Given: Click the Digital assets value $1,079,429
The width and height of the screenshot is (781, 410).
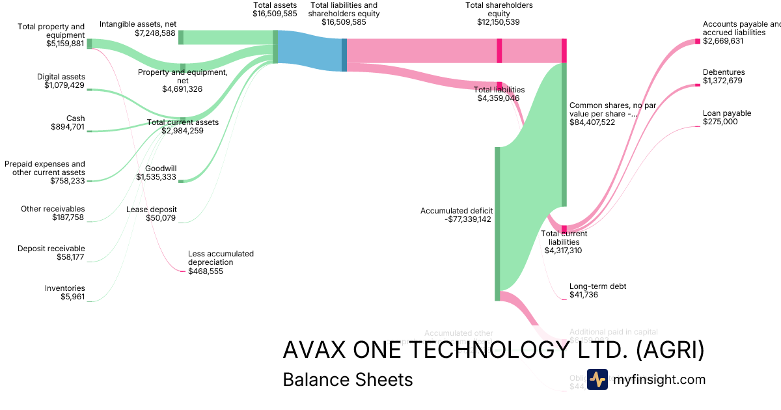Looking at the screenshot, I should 64,85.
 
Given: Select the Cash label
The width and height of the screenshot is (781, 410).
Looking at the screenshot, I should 75,118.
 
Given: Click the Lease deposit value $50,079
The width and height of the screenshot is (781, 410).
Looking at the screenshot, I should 161,218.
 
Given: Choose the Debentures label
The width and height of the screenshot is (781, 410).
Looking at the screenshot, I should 724,72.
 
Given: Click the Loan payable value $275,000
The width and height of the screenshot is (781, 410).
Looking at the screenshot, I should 720,122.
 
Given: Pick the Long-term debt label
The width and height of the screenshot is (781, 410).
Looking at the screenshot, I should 597,286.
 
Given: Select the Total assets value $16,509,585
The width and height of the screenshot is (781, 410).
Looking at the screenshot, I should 275,13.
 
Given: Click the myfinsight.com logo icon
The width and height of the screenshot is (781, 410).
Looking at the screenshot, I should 597,379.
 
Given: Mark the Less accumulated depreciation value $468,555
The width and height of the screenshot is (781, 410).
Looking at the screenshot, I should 206,271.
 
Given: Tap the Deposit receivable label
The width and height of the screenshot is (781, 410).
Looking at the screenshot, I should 51,249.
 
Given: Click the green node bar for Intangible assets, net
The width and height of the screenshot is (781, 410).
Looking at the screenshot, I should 181,37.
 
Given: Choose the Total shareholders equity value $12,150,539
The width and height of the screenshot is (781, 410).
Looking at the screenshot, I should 498,22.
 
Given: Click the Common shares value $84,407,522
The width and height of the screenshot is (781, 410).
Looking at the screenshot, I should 592,122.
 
